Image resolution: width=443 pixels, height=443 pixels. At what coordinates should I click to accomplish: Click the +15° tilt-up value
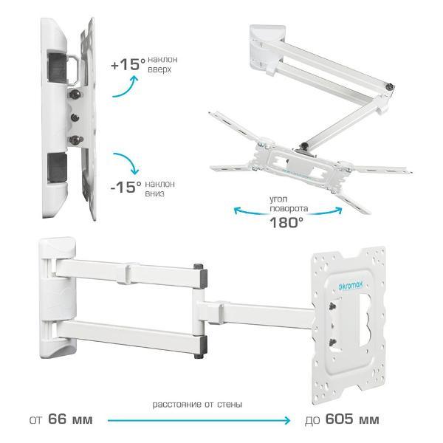[128, 64]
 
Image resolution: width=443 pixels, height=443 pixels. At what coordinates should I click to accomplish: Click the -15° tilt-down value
[126, 187]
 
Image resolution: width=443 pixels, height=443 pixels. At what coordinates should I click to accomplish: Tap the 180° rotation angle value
[286, 223]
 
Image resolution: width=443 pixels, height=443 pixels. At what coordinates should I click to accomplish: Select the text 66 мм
[70, 419]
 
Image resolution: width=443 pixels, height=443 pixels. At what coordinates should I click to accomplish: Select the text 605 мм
[352, 419]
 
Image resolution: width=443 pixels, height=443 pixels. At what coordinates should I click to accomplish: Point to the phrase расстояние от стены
[197, 405]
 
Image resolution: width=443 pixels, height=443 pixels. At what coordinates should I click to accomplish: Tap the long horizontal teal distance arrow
[199, 420]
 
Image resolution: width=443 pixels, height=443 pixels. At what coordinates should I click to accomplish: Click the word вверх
[159, 69]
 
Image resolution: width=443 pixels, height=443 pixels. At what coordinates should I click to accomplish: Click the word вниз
[154, 193]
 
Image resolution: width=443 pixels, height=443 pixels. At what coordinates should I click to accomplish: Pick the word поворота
[289, 209]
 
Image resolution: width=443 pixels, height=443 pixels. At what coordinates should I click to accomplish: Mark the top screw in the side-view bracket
[75, 94]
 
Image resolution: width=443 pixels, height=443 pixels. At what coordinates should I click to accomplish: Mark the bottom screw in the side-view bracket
[75, 140]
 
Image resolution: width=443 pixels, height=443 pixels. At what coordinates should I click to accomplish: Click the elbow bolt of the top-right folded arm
[390, 86]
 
